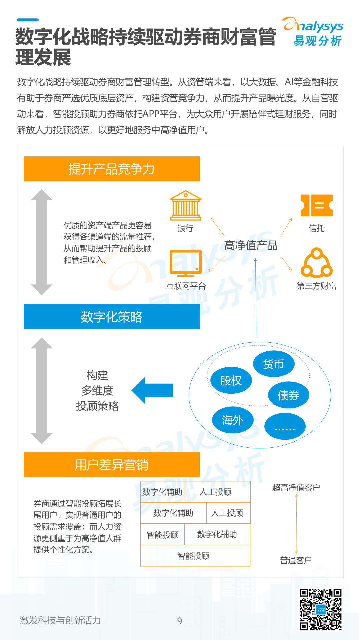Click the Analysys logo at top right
313,32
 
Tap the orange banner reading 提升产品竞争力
112,169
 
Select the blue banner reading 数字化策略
112,317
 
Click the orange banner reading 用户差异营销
112,465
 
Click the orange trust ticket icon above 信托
316,205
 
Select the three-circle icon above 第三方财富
316,263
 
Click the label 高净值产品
251,246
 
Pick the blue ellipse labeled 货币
274,364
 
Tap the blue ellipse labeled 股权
231,380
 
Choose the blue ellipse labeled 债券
289,395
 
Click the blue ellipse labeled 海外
233,420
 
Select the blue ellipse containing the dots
285,426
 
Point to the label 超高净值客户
296,488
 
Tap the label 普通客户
296,560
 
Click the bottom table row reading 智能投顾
195,556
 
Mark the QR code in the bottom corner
320,609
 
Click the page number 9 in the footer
180,621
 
